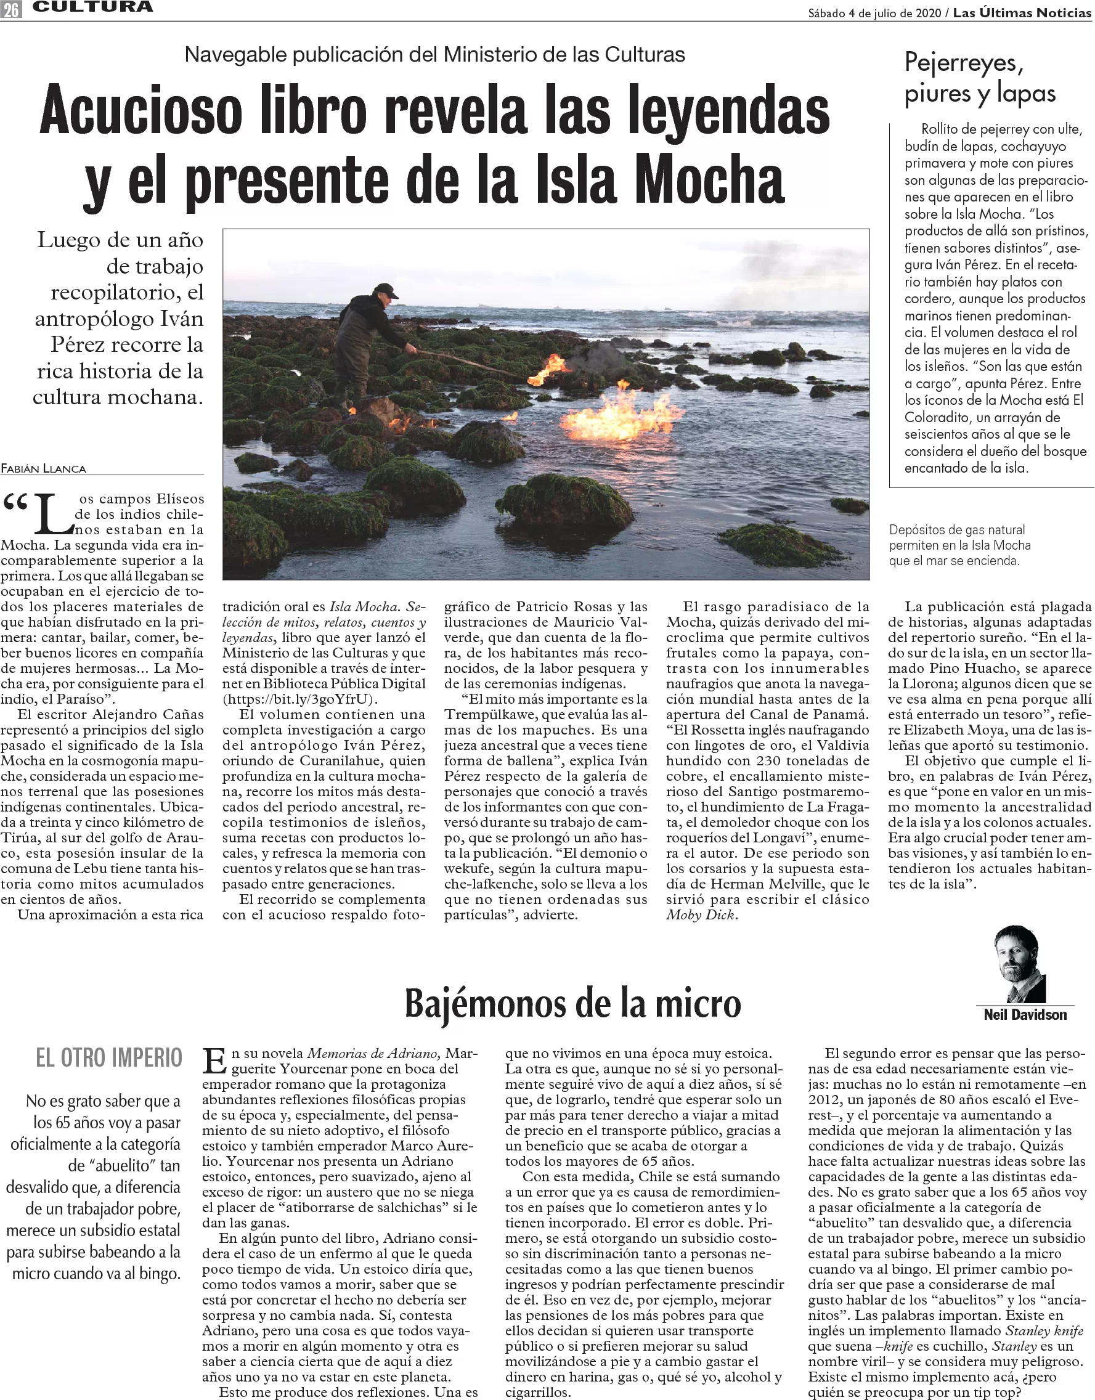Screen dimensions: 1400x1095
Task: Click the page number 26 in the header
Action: [x=11, y=9]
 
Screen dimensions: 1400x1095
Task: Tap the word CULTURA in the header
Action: [x=93, y=7]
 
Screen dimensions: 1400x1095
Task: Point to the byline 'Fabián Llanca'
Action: [x=44, y=468]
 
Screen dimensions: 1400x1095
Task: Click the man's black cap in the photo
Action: [x=385, y=290]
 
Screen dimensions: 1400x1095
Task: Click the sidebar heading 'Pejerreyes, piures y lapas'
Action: [x=979, y=78]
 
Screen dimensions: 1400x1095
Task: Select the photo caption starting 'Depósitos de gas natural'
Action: [x=959, y=545]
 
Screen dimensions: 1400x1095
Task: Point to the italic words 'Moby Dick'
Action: [x=701, y=914]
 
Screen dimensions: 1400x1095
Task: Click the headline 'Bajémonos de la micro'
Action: [x=572, y=1003]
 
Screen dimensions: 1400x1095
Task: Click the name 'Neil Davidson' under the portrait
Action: [x=1025, y=1015]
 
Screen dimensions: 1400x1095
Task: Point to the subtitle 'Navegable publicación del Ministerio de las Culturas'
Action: [x=434, y=55]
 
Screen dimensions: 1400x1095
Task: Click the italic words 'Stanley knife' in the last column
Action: [x=1044, y=1331]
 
